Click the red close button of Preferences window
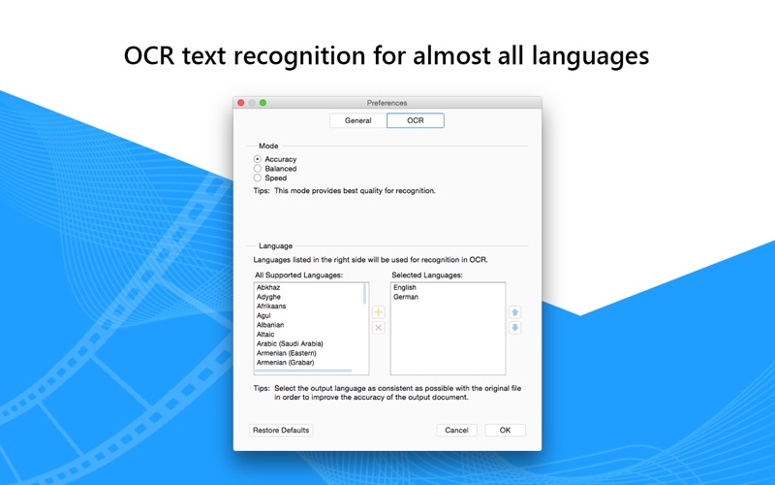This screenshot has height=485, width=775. point(240,103)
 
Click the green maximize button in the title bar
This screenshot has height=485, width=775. point(263,103)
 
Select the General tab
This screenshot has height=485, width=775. point(357,120)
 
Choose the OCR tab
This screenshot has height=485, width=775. point(416,120)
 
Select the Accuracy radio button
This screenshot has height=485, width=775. point(258,159)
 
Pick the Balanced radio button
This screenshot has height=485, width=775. point(258,168)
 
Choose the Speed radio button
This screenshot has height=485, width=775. point(258,178)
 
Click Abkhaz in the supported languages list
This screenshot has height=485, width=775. point(268,287)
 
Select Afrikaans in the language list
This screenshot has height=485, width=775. point(271,306)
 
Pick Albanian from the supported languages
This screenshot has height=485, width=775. point(270,325)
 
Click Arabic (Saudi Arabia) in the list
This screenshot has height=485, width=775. point(290,343)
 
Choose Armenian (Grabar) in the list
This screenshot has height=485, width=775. point(285,362)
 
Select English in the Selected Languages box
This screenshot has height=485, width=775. point(405,287)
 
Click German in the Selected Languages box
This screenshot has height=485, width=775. point(406,297)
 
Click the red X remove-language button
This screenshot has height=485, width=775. point(378,328)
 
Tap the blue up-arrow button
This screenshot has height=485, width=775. point(515,312)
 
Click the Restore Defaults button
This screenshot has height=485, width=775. point(281,430)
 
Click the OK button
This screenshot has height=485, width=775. point(505,430)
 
